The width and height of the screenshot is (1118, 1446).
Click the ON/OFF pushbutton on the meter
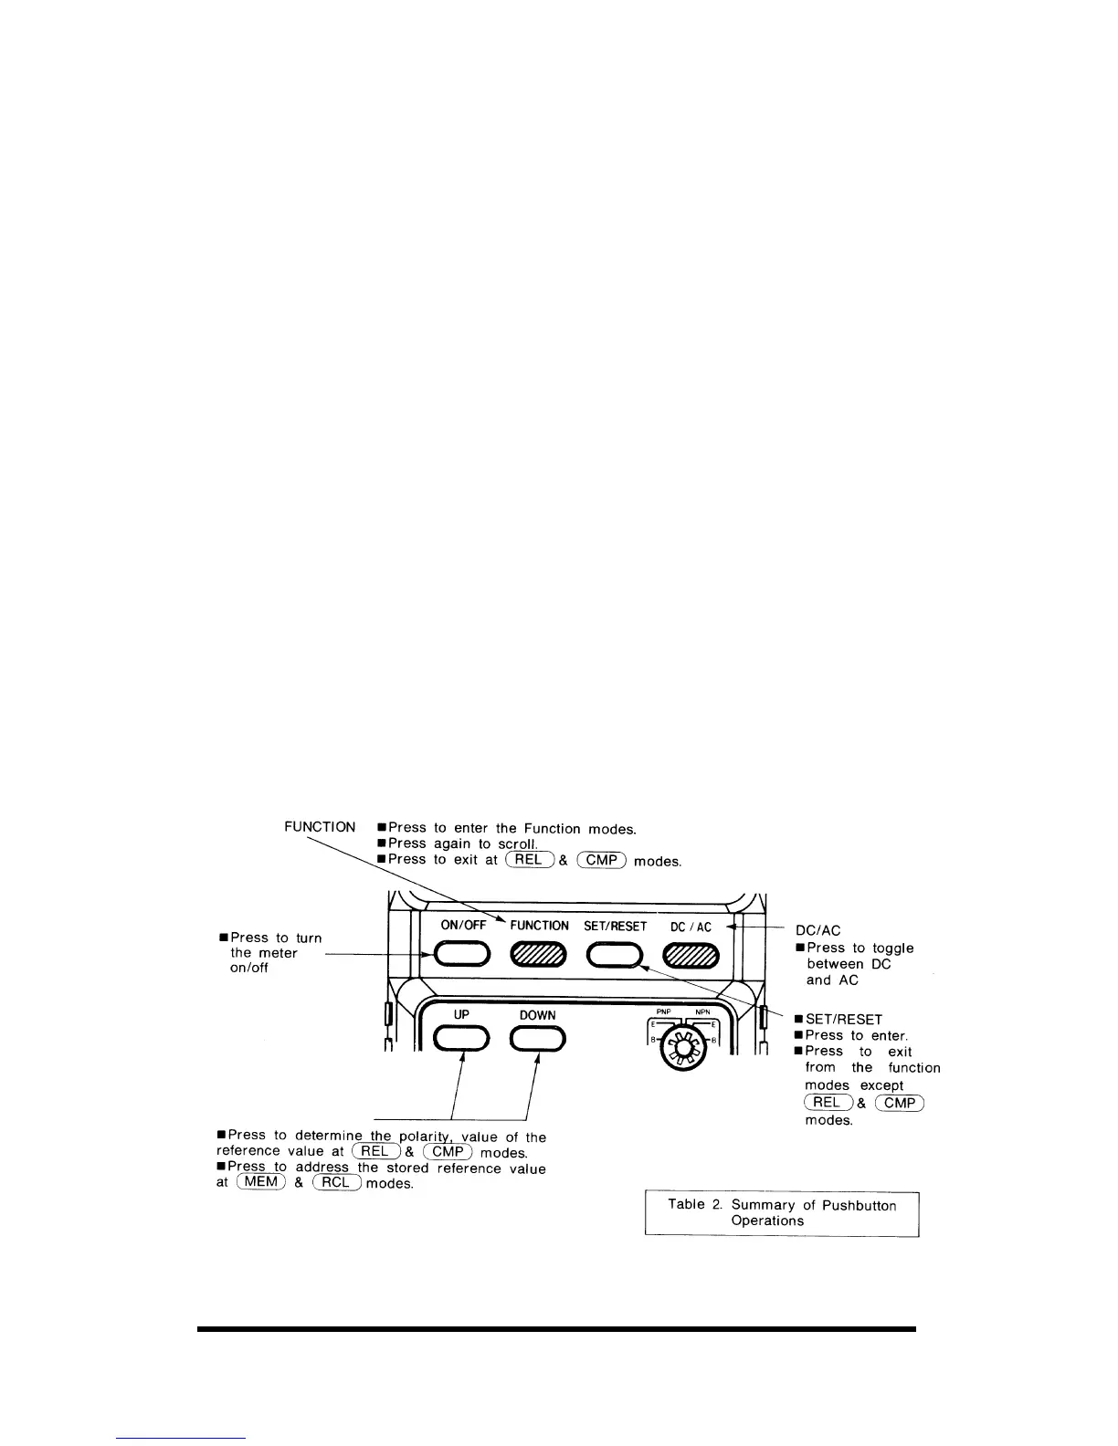click(462, 955)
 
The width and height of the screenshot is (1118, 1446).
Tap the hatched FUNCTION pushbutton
click(539, 955)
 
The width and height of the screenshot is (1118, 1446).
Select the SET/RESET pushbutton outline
click(614, 955)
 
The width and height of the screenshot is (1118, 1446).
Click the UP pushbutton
click(461, 1039)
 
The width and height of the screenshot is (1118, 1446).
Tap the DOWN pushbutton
click(538, 1039)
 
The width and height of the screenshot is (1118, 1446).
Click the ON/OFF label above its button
click(463, 925)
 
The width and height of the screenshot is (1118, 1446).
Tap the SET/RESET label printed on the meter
click(615, 926)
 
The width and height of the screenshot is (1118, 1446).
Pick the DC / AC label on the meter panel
click(691, 927)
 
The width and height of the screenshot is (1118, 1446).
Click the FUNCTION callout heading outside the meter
click(320, 827)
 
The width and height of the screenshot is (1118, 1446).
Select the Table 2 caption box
click(782, 1213)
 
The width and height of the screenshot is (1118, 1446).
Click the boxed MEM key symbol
click(261, 1183)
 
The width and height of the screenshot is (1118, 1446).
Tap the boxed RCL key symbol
click(337, 1183)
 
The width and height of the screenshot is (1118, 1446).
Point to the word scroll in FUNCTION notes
click(516, 844)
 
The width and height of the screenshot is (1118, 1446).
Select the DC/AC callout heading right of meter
click(817, 930)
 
